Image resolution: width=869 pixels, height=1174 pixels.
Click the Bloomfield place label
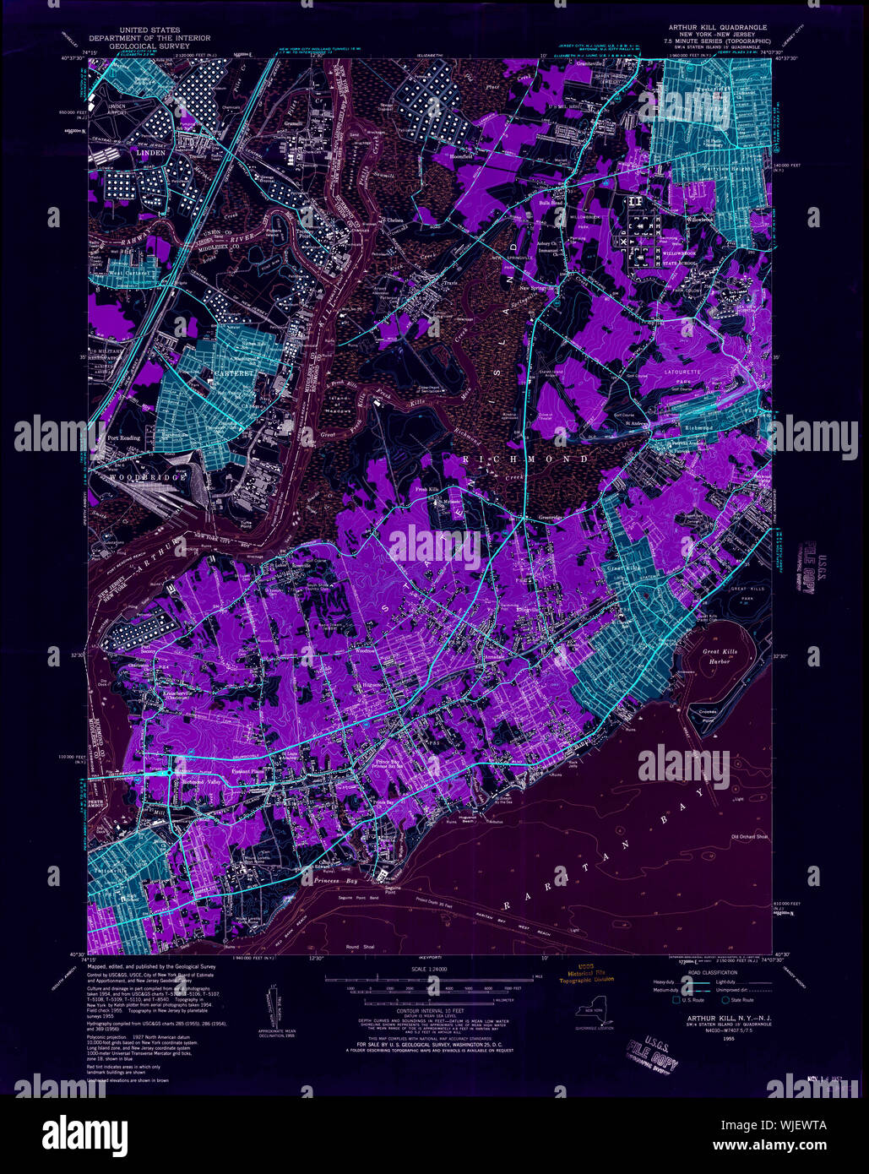pos(443,157)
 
